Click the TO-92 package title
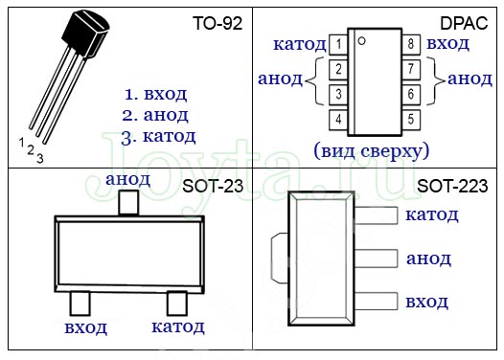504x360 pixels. click(x=218, y=23)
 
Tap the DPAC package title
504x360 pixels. click(x=464, y=23)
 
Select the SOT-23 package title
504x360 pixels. click(x=213, y=187)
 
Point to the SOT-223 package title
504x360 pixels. click(x=452, y=187)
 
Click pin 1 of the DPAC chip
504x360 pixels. click(x=338, y=44)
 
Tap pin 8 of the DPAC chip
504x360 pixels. click(x=411, y=44)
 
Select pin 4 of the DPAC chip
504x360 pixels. click(x=338, y=120)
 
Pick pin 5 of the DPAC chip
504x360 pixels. click(x=411, y=120)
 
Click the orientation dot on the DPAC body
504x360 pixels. click(x=361, y=41)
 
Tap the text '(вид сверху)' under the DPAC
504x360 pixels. click(x=372, y=151)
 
